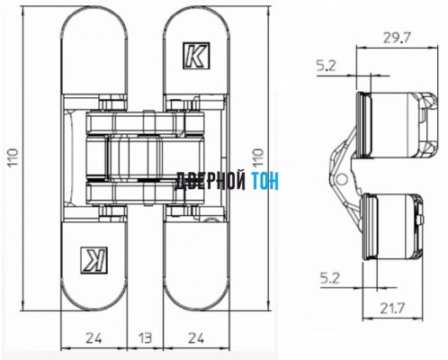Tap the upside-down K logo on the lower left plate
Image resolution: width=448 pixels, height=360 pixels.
pos(94,257)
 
